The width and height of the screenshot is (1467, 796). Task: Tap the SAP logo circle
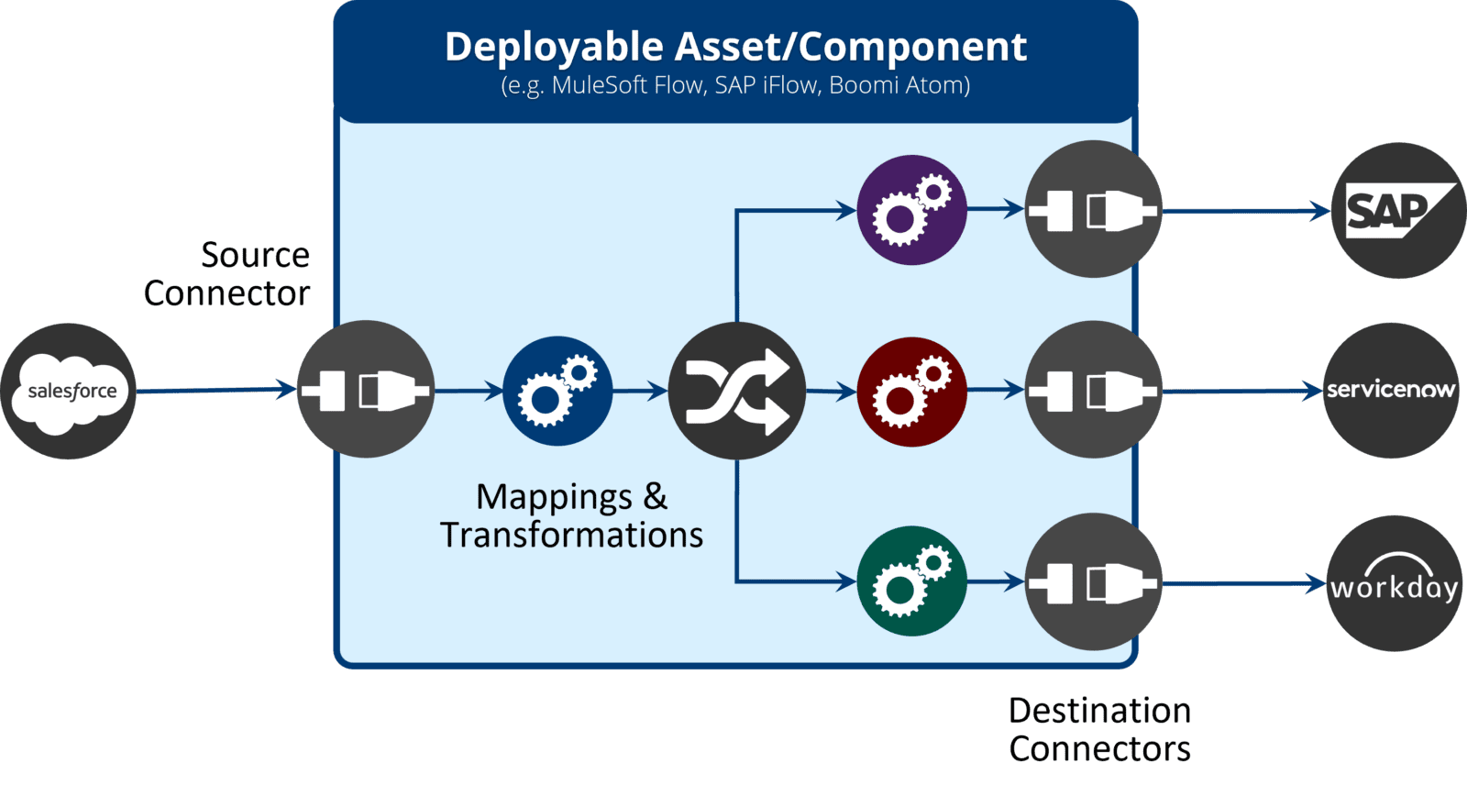(x=1398, y=211)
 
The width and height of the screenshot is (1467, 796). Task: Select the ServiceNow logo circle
(x=1391, y=391)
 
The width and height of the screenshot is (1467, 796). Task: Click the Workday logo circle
(x=1395, y=584)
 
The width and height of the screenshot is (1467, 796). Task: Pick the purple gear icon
(x=911, y=210)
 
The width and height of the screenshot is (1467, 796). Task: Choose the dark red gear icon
(x=911, y=392)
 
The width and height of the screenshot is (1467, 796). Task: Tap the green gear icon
(x=911, y=580)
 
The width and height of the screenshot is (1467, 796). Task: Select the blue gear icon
(x=557, y=392)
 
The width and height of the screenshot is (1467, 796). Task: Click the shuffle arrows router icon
(x=736, y=392)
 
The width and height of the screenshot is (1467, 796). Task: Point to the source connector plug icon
(x=366, y=390)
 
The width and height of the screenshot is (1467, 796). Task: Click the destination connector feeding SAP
(x=1093, y=210)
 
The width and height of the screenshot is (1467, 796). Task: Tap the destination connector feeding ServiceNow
(x=1093, y=391)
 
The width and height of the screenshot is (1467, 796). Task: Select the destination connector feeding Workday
(x=1093, y=582)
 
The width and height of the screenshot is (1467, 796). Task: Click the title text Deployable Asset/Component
(x=735, y=47)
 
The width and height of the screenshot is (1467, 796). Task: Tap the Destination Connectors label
(x=1099, y=730)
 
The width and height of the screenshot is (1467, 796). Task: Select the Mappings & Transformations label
(x=571, y=516)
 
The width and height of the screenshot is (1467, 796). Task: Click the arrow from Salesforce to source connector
(x=215, y=391)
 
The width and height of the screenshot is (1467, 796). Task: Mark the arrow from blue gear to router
(x=640, y=392)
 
